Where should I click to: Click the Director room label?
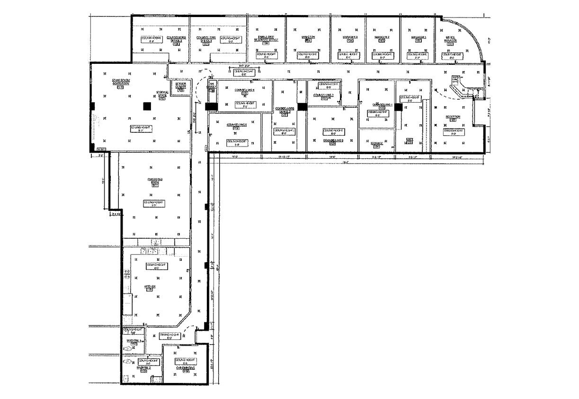click(x=308, y=37)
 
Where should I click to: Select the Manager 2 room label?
click(x=382, y=37)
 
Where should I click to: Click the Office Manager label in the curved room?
click(x=450, y=39)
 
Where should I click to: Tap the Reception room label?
click(x=453, y=117)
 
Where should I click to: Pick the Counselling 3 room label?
click(x=333, y=140)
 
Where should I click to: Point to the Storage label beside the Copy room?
click(x=376, y=143)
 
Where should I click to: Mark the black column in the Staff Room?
click(x=147, y=106)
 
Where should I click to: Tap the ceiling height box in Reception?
click(x=453, y=131)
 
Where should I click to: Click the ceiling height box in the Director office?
click(x=308, y=55)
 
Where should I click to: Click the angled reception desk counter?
click(x=464, y=91)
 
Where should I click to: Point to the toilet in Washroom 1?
click(x=127, y=347)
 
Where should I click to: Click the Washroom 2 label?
click(x=143, y=367)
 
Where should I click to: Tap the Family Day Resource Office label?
click(x=266, y=38)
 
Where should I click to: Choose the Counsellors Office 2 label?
click(x=177, y=38)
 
